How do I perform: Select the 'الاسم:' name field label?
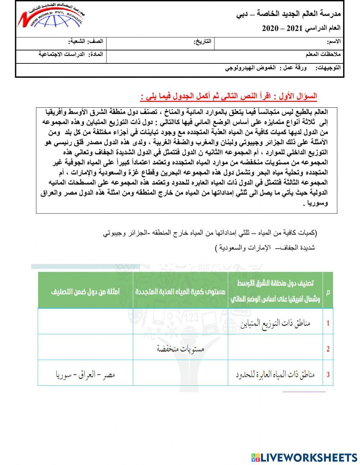(x=333, y=42)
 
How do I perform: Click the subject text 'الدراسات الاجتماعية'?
(x=62, y=54)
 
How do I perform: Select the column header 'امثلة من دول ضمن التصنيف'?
(x=85, y=291)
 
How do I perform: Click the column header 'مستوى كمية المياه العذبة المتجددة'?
(x=180, y=291)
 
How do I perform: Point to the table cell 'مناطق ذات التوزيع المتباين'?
(x=275, y=323)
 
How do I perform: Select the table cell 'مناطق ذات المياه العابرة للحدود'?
(x=275, y=375)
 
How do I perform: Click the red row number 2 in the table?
(x=328, y=349)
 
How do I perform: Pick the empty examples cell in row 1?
(x=85, y=321)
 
